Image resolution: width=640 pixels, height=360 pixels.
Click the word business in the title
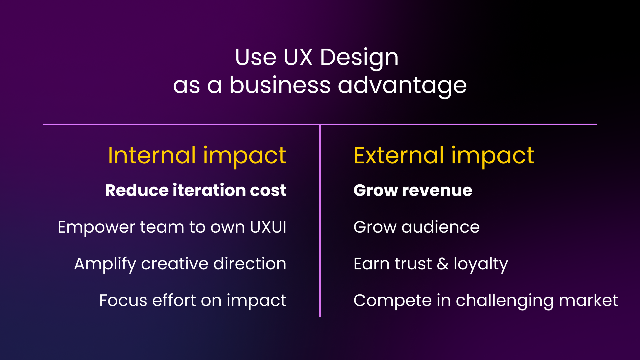(x=280, y=85)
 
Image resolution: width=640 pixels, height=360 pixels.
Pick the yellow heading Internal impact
(x=197, y=156)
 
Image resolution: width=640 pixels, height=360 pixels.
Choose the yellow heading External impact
(x=444, y=156)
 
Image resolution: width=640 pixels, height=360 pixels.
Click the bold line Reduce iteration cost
(x=196, y=190)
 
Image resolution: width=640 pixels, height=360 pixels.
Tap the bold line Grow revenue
(x=413, y=190)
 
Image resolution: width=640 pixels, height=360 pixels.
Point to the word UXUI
(x=268, y=227)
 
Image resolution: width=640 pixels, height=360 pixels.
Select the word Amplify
(x=105, y=264)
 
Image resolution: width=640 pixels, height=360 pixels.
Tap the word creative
(x=175, y=264)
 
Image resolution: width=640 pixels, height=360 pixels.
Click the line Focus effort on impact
(x=193, y=301)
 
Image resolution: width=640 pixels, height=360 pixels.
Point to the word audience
(x=440, y=227)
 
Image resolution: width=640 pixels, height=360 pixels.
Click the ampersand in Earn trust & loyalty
(x=443, y=264)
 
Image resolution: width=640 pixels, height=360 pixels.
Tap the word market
(x=588, y=300)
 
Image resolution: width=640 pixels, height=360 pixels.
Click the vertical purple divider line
(x=320, y=221)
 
